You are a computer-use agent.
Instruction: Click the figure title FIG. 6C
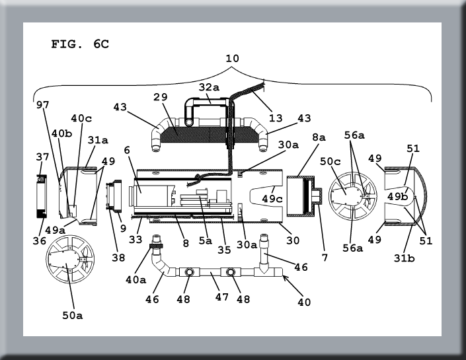coord(80,44)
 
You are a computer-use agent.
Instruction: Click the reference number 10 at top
coord(232,58)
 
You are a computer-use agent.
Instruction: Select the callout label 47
coord(220,297)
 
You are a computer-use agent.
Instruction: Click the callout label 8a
coord(319,137)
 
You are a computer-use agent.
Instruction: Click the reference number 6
coord(126,151)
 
